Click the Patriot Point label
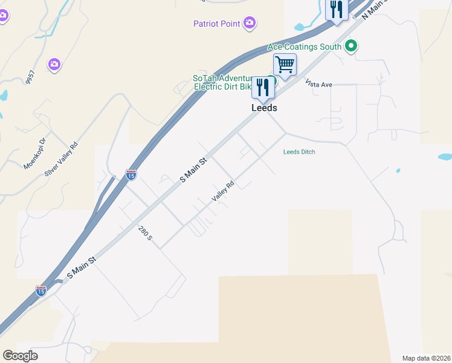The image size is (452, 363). coord(217,24)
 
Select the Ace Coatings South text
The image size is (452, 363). coord(305,46)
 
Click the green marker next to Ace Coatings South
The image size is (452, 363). coord(350,46)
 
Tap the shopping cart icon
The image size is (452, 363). coord(285,64)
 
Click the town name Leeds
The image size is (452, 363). coord(264,108)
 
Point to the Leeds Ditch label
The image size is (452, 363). coord(299,152)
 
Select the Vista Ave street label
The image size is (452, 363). coord(318,84)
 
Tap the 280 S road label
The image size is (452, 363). coord(145,233)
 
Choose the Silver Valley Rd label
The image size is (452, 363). coord(62,159)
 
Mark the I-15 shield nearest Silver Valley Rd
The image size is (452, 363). coord(131,175)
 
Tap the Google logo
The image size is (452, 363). coord(20,356)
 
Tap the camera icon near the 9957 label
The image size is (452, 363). coord(54,64)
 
